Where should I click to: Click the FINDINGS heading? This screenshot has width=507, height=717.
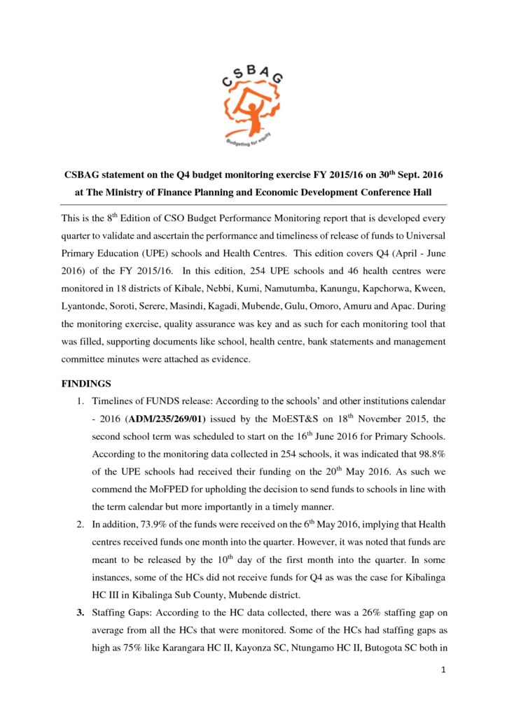tap(86, 384)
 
